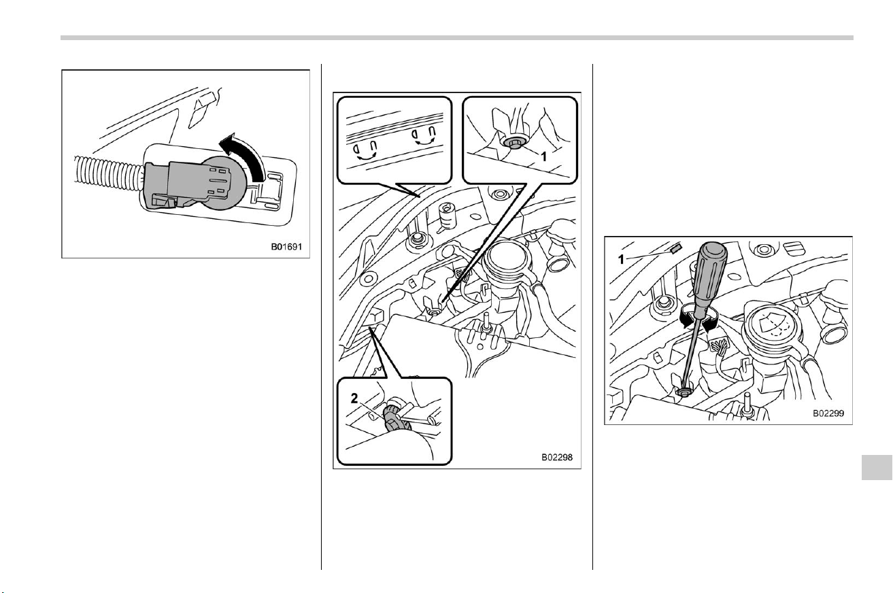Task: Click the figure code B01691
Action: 286,247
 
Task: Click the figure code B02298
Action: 556,457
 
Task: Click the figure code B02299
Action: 828,413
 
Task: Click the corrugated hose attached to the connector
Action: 108,175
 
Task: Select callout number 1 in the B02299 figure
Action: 621,260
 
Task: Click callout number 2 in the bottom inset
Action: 354,398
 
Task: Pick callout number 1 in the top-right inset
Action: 543,156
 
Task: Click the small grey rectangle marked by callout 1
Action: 677,249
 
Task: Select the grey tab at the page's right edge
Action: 877,467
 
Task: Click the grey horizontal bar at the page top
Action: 457,38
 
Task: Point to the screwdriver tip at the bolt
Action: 684,391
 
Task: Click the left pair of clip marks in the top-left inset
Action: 366,151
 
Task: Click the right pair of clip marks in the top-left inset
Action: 424,136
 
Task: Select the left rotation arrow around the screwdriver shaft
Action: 686,318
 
